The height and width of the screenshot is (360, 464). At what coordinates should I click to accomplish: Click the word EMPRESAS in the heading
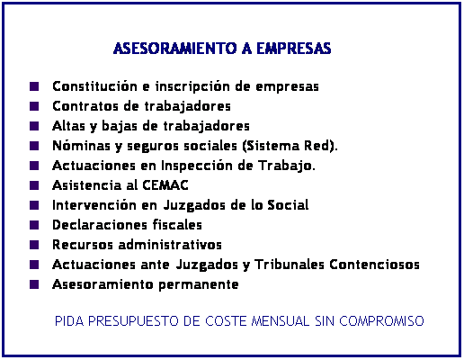[x=294, y=49]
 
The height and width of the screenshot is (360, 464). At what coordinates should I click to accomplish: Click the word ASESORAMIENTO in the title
[x=175, y=49]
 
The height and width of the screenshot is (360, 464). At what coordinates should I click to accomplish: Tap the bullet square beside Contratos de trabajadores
[x=34, y=106]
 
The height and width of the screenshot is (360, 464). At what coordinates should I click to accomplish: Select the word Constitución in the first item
[x=94, y=86]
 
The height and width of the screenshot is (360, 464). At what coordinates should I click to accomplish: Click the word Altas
[x=68, y=126]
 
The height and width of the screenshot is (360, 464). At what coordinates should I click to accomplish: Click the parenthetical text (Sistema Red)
[x=290, y=146]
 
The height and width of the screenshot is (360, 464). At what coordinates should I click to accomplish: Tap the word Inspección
[x=197, y=166]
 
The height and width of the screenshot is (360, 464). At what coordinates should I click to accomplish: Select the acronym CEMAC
[x=165, y=185]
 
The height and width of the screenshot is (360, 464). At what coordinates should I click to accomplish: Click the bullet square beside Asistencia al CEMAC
[x=34, y=185]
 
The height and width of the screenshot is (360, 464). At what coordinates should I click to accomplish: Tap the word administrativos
[x=170, y=245]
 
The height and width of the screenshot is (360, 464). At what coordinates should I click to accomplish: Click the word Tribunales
[x=290, y=265]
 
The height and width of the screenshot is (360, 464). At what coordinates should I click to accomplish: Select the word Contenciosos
[x=374, y=265]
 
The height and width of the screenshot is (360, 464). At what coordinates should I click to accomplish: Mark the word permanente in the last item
[x=199, y=285]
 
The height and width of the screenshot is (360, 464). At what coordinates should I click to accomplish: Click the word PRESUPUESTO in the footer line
[x=133, y=321]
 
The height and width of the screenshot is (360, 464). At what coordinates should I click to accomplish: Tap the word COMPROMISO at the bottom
[x=381, y=321]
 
